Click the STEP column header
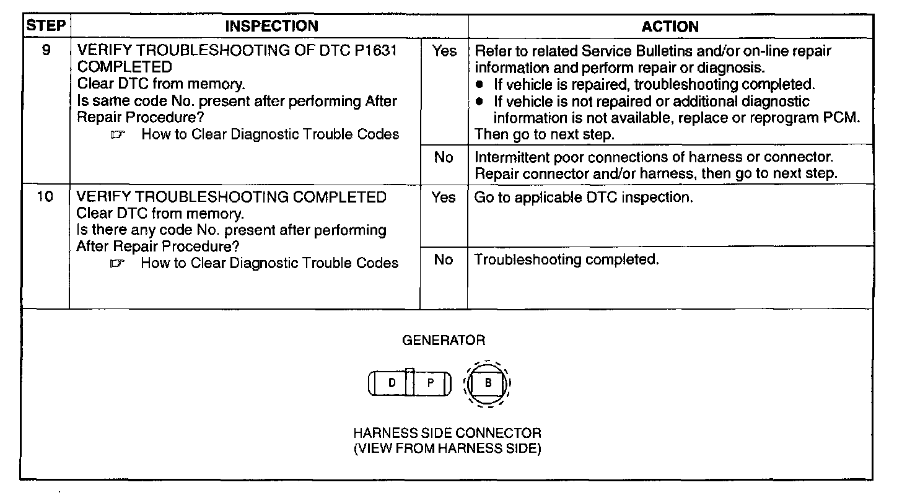pyautogui.click(x=45, y=26)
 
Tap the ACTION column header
pyautogui.click(x=670, y=27)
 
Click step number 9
pyautogui.click(x=46, y=51)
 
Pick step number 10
pyautogui.click(x=46, y=198)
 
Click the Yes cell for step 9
pyautogui.click(x=444, y=51)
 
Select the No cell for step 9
pyautogui.click(x=444, y=158)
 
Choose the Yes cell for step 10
pyautogui.click(x=444, y=198)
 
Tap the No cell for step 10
pyautogui.click(x=444, y=260)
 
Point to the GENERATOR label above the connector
pyautogui.click(x=444, y=340)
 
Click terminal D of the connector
pyautogui.click(x=392, y=383)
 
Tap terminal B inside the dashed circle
pyautogui.click(x=488, y=383)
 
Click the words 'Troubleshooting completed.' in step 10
pyautogui.click(x=566, y=260)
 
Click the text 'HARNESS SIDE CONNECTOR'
pyautogui.click(x=447, y=433)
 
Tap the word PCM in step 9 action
pyautogui.click(x=846, y=118)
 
